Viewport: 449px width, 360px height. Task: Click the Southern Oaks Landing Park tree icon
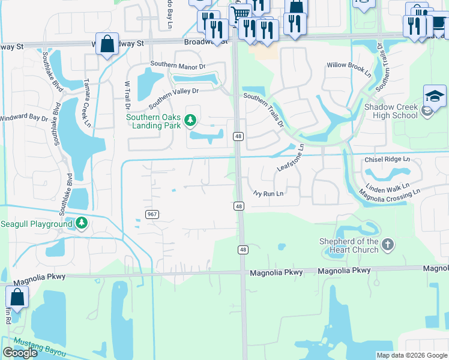[x=190, y=121]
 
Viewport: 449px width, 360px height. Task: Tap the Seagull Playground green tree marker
[x=82, y=224]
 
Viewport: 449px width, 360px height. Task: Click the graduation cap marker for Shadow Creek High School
[x=435, y=96]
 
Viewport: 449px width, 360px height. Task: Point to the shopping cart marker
[x=240, y=13]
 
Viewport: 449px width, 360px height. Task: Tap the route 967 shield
[x=152, y=214]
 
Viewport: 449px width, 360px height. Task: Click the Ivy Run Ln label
[x=268, y=193]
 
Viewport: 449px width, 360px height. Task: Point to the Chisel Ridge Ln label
[x=387, y=160]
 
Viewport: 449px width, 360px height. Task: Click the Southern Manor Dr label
[x=178, y=65]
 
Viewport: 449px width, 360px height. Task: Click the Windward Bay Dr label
[x=24, y=118]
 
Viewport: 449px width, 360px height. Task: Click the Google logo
[x=20, y=352]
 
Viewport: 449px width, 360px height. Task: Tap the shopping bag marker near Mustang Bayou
[x=17, y=297]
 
